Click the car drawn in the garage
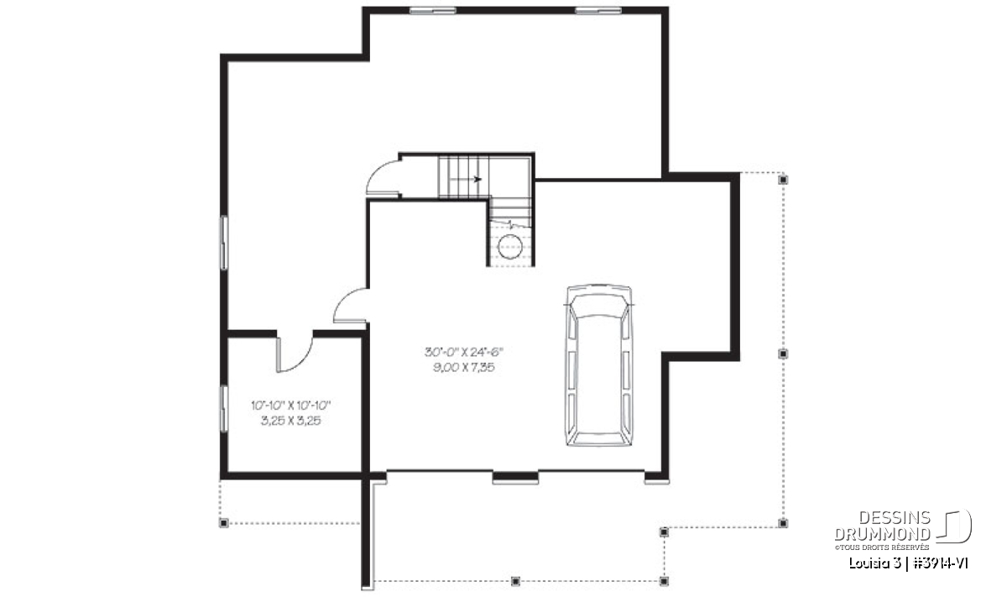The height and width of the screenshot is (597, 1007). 599,365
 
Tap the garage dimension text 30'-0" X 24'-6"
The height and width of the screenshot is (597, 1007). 464,352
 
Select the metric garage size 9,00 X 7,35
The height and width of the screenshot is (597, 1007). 464,368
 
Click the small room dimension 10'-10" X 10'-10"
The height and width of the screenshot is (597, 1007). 291,406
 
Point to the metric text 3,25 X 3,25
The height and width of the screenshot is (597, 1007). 291,422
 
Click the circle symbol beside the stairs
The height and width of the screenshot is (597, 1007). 510,247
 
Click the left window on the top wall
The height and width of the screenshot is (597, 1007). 432,10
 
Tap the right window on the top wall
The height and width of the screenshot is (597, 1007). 598,10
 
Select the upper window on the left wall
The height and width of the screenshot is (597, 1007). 223,243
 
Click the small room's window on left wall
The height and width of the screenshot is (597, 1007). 223,409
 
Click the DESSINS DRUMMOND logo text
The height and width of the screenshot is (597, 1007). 882,526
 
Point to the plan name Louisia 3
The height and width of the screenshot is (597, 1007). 874,563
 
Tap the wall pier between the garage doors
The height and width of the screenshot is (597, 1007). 515,477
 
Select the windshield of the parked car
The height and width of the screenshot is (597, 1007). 599,306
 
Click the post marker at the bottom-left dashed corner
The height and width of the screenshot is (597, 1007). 223,523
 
